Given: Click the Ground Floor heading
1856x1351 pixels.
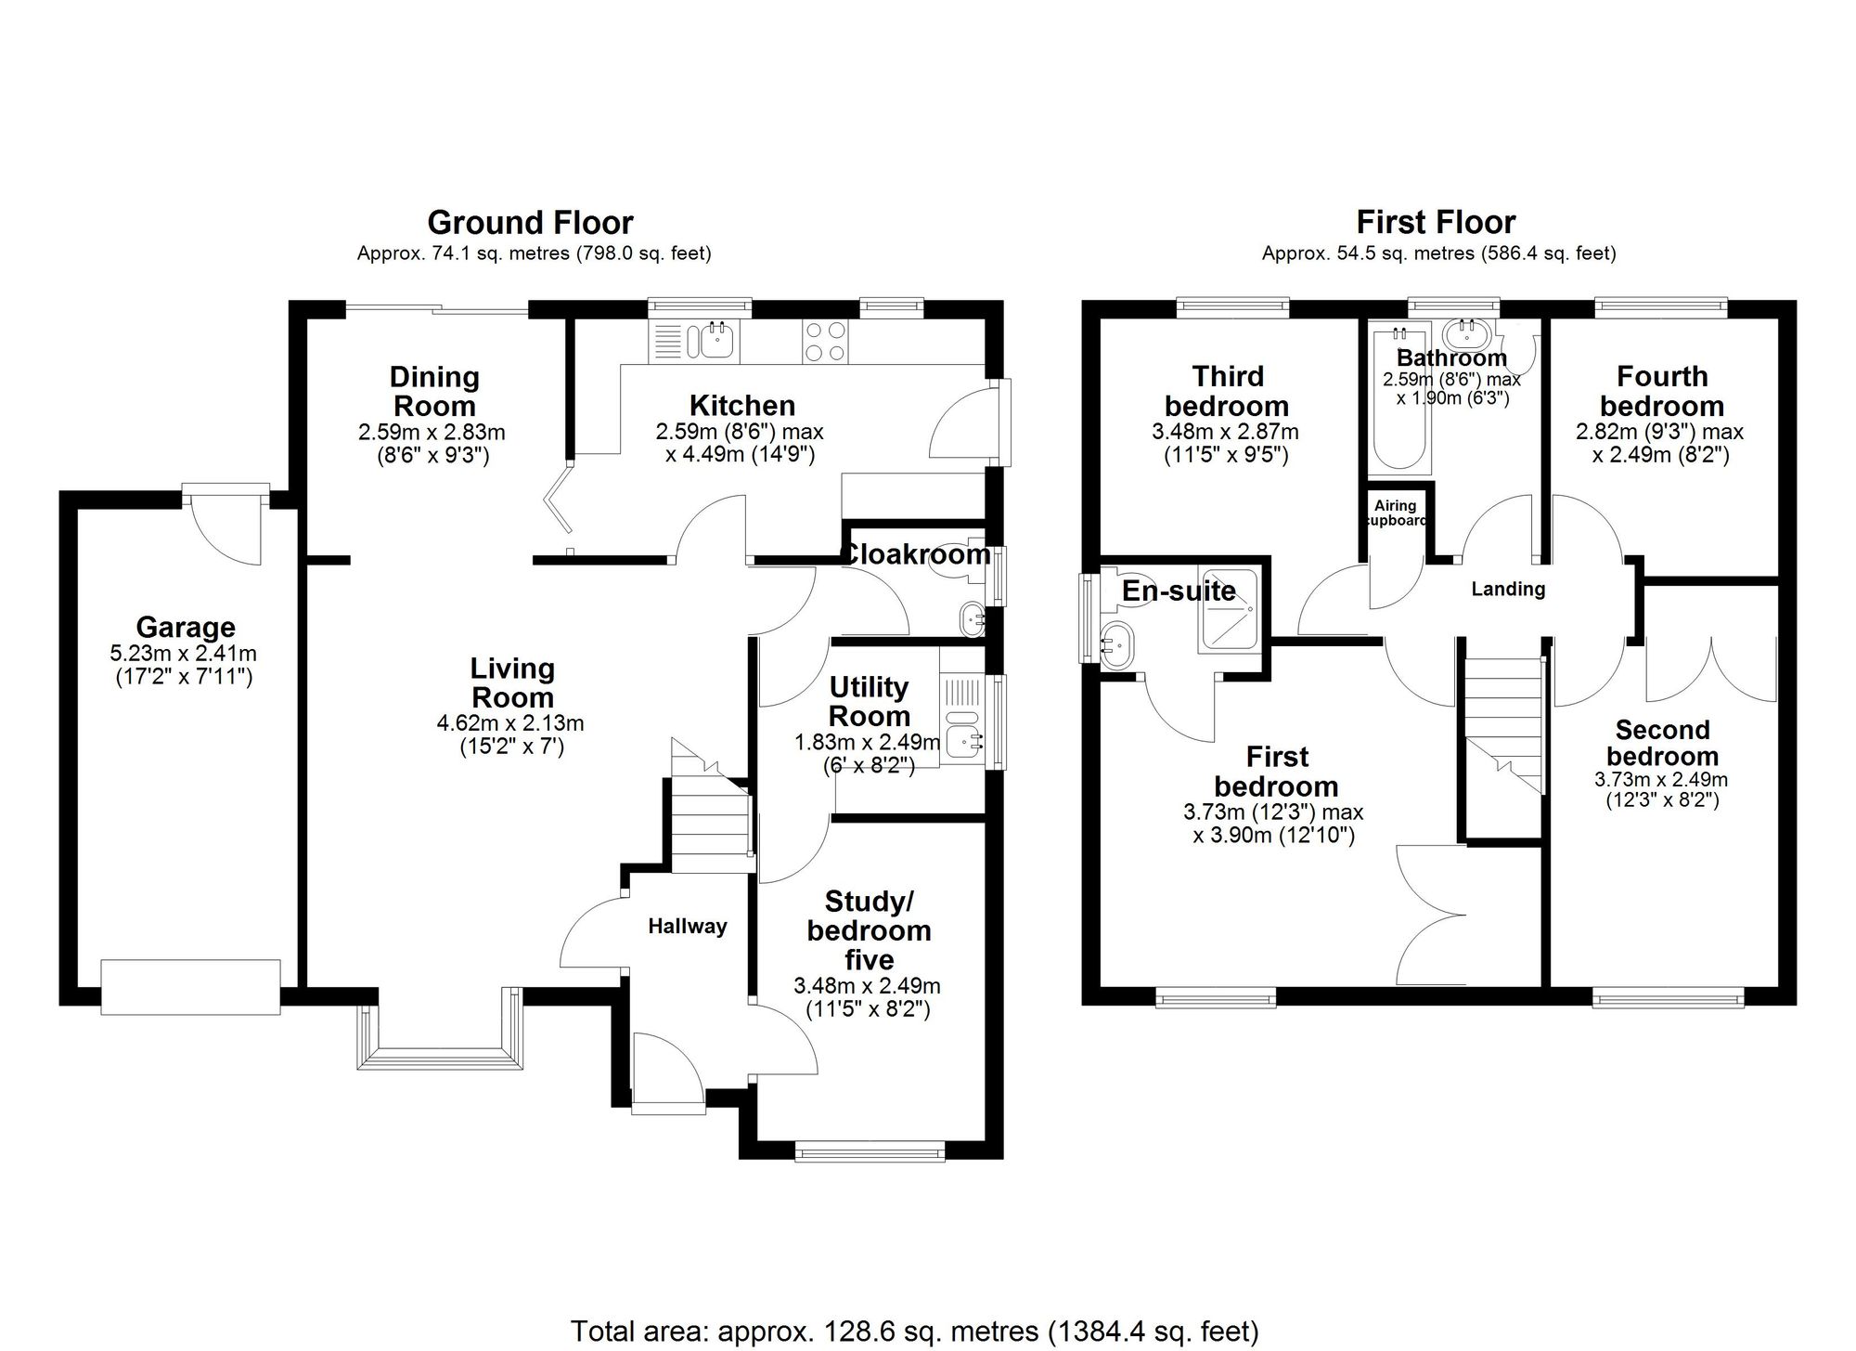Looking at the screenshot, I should coord(530,223).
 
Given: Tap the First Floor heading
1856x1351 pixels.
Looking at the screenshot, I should coord(1436,223).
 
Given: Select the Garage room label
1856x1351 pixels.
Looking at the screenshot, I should coord(186,628).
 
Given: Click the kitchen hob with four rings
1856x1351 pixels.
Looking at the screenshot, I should coord(824,341).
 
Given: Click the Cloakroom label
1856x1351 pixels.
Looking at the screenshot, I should coord(915,554).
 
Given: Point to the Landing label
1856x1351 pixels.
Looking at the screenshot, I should coord(1508,589).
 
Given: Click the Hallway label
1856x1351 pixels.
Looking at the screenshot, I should coord(687,926).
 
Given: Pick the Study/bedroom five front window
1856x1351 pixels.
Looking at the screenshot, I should coord(870,1152).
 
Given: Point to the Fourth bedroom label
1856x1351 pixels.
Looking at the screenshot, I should coord(1661,391).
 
